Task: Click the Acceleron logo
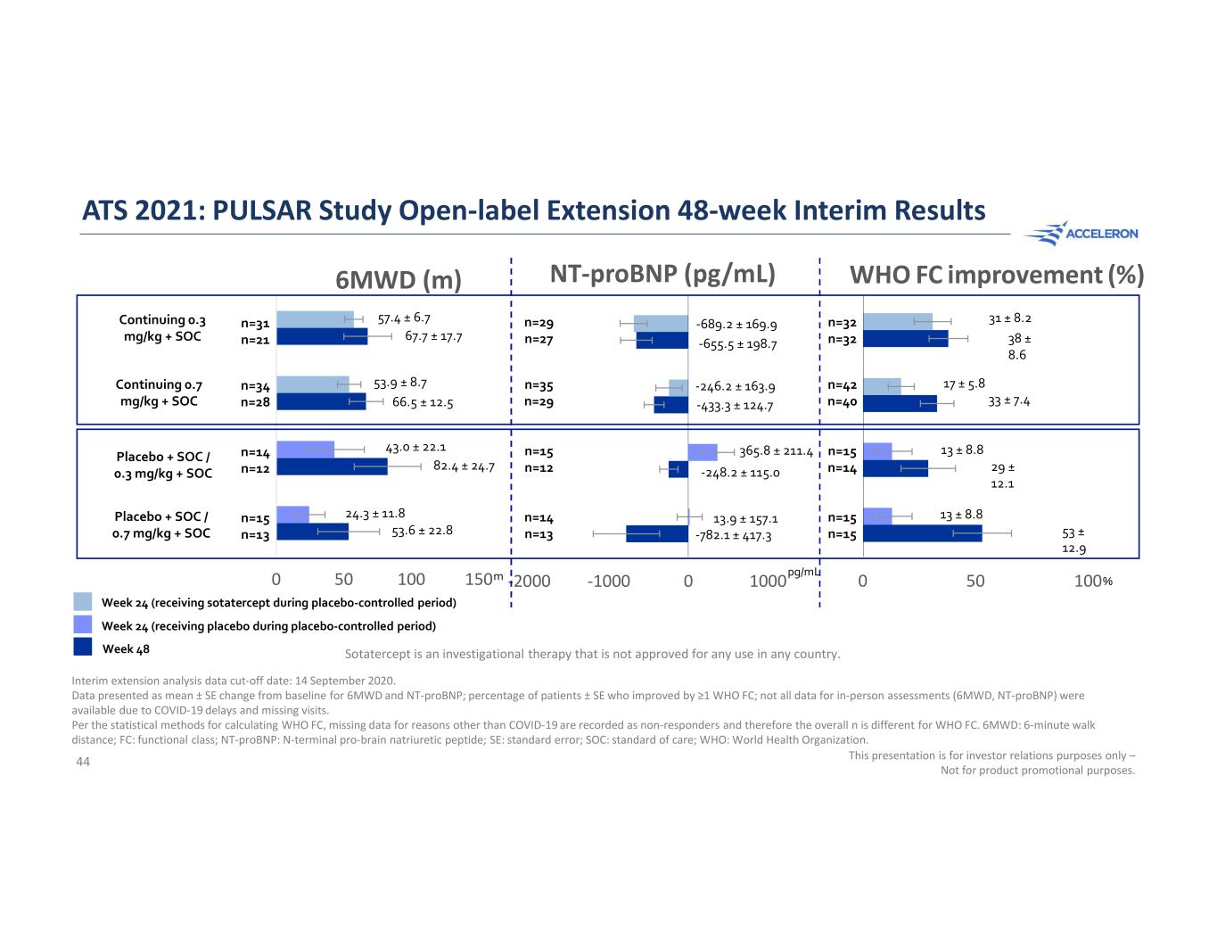tap(1081, 234)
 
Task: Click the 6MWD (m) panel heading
tap(398, 280)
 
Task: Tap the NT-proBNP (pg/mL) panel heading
tap(662, 274)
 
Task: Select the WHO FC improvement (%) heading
tap(996, 275)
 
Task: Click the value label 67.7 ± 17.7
tap(433, 337)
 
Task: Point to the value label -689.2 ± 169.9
tap(736, 325)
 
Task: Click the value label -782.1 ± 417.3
tap(733, 536)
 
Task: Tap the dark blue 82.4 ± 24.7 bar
tap(332, 466)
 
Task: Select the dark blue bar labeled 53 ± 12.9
tap(922, 533)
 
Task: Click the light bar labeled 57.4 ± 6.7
tap(315, 319)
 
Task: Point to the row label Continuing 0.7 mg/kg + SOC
tap(159, 393)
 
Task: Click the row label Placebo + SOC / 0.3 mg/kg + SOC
tap(163, 465)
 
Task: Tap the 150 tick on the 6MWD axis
tap(480, 580)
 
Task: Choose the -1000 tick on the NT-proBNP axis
tap(609, 582)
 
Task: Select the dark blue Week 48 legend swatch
tap(83, 647)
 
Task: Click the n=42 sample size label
tap(843, 386)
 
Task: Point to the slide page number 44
tap(83, 761)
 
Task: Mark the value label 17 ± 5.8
tap(964, 384)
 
